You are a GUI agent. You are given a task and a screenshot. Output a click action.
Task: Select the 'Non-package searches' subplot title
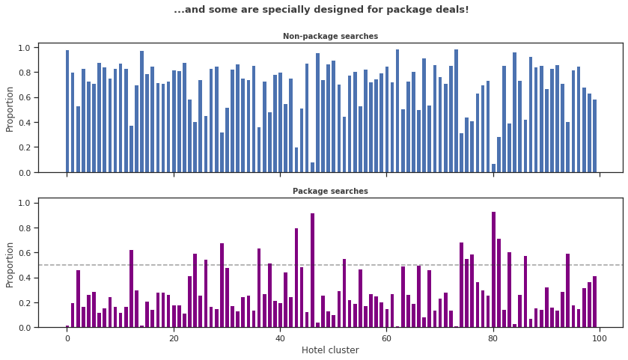[330, 37]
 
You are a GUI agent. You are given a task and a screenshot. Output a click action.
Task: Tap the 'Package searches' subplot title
[330, 192]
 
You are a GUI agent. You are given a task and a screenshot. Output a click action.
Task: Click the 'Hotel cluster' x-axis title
[330, 350]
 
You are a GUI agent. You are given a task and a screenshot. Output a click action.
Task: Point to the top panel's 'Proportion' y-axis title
[10, 109]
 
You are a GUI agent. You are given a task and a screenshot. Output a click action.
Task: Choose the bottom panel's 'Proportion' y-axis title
[10, 264]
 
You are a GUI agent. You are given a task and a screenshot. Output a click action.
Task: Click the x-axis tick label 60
[386, 338]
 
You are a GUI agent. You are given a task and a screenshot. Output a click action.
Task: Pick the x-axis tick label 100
[600, 338]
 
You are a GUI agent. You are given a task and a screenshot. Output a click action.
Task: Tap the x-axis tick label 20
[174, 338]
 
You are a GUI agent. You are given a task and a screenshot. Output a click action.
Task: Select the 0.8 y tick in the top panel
[23, 73]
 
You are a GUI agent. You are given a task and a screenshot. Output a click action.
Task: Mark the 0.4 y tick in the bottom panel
[23, 278]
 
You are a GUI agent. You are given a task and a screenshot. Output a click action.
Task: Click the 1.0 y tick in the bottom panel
[23, 203]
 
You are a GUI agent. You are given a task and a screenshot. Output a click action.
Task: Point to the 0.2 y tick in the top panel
[23, 147]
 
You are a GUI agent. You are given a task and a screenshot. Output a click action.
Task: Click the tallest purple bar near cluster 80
[493, 269]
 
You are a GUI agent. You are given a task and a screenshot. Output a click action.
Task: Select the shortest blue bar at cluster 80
[493, 168]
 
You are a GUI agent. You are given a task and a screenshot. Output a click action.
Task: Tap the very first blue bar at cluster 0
[67, 112]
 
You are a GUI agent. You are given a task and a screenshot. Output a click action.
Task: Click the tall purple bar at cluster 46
[312, 270]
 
